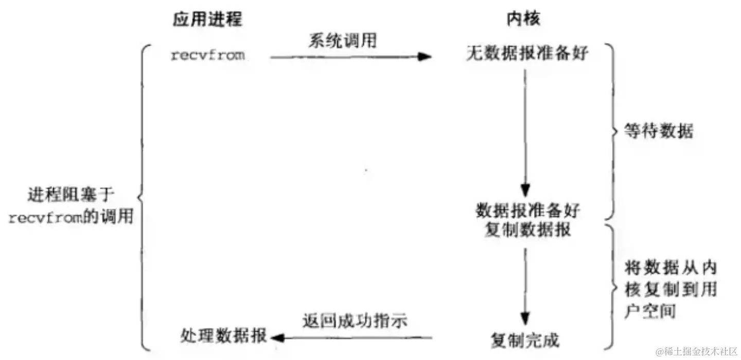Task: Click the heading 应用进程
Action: (207, 19)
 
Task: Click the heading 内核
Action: (523, 19)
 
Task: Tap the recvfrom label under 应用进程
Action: (207, 56)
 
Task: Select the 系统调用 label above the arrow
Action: (342, 40)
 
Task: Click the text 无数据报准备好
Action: (527, 53)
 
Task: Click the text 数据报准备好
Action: (527, 211)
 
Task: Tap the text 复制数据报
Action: (527, 229)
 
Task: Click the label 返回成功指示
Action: (355, 321)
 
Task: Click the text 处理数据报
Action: (224, 337)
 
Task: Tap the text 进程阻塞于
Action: (70, 196)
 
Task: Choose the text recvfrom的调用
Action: (70, 218)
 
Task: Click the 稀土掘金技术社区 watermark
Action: (697, 351)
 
